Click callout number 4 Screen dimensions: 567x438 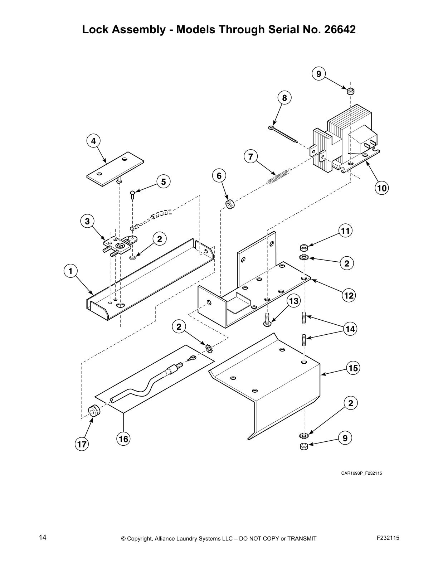click(x=93, y=141)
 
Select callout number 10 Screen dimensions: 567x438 click(x=382, y=188)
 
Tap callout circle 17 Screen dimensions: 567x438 click(x=82, y=445)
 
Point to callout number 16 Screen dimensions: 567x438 click(x=123, y=439)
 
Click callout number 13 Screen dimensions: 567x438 click(x=293, y=301)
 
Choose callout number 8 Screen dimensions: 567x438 click(x=284, y=98)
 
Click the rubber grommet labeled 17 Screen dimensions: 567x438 click(x=94, y=411)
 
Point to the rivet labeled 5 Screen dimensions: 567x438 click(x=132, y=195)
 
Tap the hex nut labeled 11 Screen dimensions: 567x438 click(x=304, y=247)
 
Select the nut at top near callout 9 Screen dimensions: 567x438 click(x=350, y=90)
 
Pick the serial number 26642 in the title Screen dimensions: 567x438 click(x=340, y=29)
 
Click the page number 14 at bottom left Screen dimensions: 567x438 click(x=43, y=537)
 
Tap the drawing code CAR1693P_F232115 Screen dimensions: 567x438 click(x=361, y=473)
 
